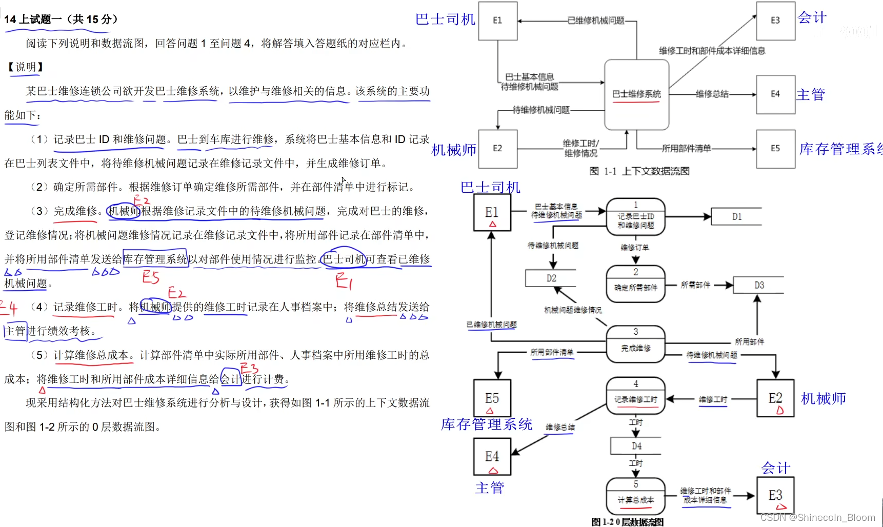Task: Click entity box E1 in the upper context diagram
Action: (497, 21)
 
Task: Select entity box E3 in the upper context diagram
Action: (775, 21)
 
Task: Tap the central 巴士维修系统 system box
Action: (636, 94)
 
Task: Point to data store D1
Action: (736, 217)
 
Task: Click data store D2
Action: (551, 278)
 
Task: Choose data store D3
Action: (759, 285)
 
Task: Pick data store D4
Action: (636, 446)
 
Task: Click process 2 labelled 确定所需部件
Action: (636, 284)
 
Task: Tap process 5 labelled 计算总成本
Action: (636, 496)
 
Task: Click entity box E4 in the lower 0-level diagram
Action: (492, 457)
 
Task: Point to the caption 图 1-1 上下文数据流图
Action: (639, 171)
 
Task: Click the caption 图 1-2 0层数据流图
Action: (627, 522)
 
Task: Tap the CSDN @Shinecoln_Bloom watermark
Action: (818, 518)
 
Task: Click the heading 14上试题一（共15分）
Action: (61, 19)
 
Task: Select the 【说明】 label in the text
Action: (25, 67)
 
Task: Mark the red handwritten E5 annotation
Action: (151, 277)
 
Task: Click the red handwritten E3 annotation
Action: (250, 368)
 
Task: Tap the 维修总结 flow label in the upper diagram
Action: (712, 94)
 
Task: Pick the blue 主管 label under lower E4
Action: (490, 488)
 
